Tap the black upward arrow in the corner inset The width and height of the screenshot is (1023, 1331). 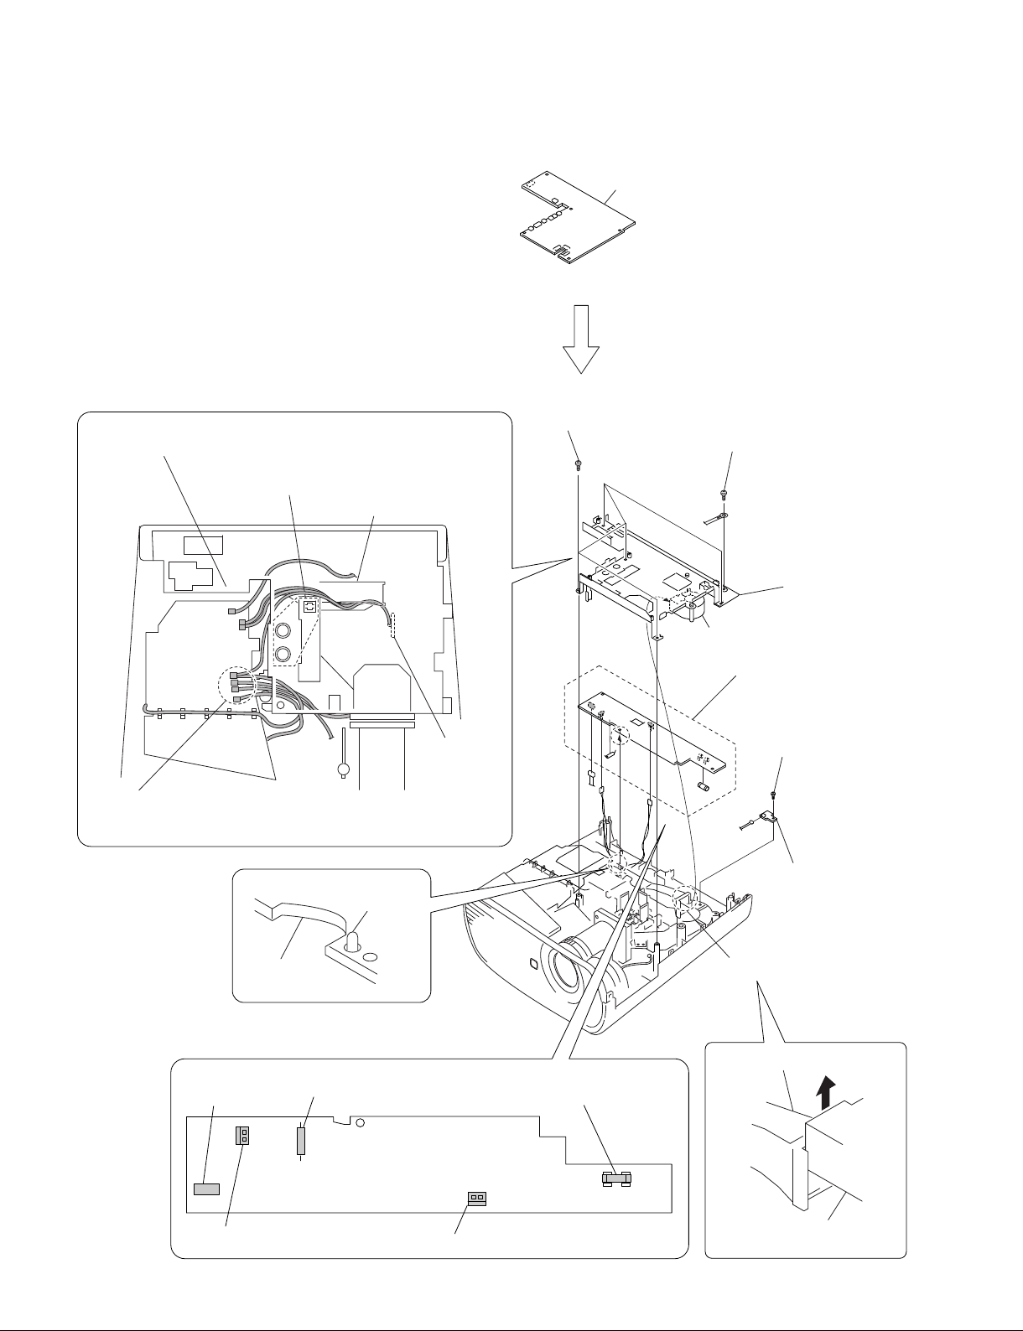coord(827,1093)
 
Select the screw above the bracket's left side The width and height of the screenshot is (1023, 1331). coord(578,463)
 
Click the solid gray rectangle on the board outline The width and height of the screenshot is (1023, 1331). coord(206,1189)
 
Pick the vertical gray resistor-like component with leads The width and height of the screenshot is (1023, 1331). coord(301,1141)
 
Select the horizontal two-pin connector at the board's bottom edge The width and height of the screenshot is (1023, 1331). coord(476,1197)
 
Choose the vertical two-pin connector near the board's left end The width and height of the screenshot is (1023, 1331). coord(244,1136)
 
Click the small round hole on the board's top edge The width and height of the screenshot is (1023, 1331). coord(360,1123)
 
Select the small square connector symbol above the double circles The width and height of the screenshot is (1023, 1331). coord(309,606)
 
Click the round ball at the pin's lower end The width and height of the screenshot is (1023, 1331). coord(343,769)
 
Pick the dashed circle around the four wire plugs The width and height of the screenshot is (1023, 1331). coord(241,686)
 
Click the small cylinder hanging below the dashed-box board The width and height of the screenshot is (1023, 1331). coord(704,786)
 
